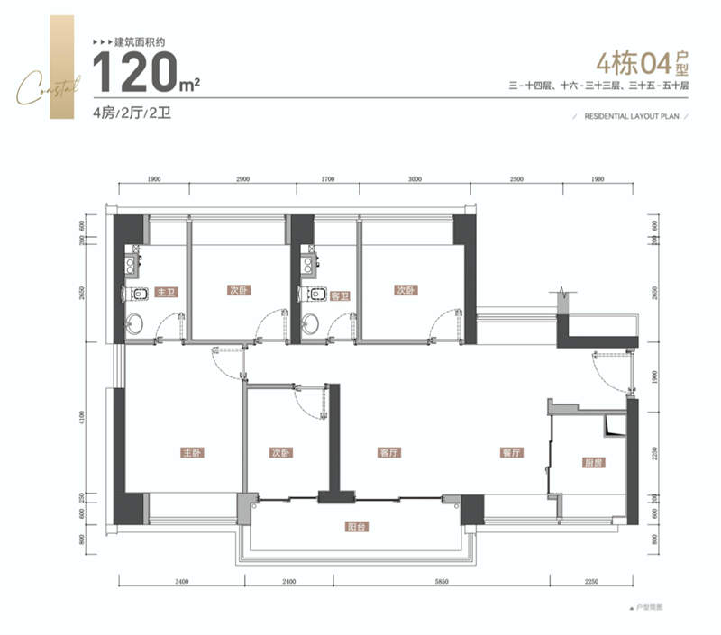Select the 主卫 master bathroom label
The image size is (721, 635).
165,293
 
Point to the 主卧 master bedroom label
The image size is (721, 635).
191,452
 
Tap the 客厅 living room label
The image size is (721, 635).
389,452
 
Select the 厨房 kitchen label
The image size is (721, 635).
592,463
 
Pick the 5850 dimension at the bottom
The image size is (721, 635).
438,585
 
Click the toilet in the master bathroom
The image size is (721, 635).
138,295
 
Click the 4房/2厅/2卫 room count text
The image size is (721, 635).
132,113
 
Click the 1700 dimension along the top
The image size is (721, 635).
328,180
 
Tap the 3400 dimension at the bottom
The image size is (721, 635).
181,585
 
